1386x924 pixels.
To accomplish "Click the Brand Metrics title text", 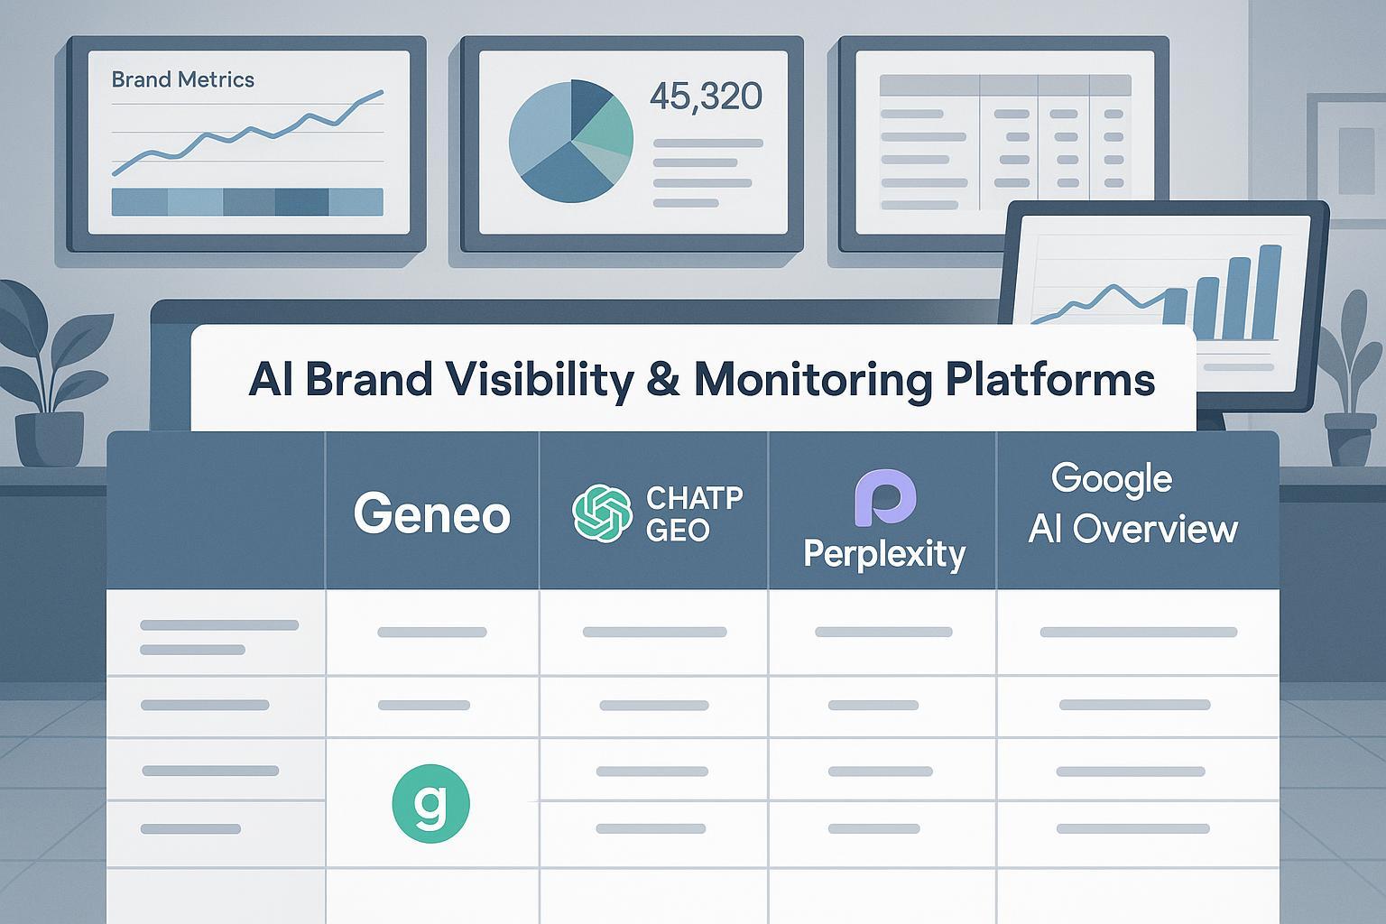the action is tap(182, 79).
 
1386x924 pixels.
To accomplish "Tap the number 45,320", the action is tap(706, 97).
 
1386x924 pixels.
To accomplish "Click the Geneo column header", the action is tap(432, 513).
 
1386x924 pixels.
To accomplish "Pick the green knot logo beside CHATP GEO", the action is tap(602, 513).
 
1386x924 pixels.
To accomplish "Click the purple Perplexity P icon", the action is tap(885, 497).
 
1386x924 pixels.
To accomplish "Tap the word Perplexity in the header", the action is tap(884, 554).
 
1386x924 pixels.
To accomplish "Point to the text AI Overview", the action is tap(1133, 529).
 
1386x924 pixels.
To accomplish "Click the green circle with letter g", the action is tap(431, 803).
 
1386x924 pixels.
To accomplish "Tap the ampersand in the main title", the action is tap(662, 379).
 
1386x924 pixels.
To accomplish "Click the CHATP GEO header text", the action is tap(694, 513).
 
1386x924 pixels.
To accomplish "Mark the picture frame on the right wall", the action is tap(1346, 161).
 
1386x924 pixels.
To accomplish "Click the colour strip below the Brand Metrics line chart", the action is tap(247, 202).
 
